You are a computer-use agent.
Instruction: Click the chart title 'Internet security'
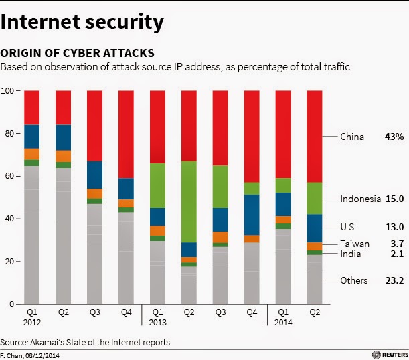click(82, 21)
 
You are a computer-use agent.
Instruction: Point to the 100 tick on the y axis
click(8, 90)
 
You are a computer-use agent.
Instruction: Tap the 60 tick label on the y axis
click(8, 176)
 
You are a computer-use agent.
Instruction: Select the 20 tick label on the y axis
click(8, 262)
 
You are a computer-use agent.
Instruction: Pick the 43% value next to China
click(394, 137)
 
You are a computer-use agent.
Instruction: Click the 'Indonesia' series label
click(361, 199)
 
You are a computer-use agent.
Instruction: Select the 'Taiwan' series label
click(354, 244)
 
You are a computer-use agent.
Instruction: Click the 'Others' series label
click(353, 280)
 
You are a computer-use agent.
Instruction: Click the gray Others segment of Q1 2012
click(32, 234)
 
